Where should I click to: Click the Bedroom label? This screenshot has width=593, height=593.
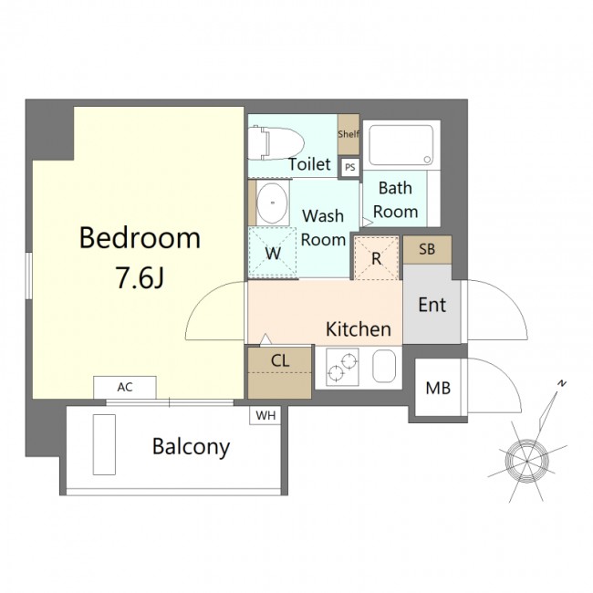[140, 238]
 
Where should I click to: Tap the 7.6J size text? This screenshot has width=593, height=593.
[140, 277]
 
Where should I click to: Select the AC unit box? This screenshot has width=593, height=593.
[125, 387]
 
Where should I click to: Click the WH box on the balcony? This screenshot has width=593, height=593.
[265, 415]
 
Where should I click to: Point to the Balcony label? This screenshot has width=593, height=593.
[191, 447]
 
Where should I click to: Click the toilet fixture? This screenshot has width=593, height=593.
[276, 143]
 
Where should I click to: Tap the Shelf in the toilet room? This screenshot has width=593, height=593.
[349, 134]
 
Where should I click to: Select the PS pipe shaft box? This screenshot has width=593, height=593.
[350, 167]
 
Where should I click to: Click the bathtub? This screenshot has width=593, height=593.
[401, 145]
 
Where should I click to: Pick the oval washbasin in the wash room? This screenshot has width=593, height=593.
[272, 203]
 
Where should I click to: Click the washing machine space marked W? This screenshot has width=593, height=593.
[272, 253]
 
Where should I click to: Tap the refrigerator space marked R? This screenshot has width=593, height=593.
[376, 258]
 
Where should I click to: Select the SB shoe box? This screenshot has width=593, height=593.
[427, 250]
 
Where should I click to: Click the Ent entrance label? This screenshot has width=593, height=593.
[432, 305]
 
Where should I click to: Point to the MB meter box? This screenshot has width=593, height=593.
[438, 388]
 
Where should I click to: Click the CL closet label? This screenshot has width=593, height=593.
[280, 360]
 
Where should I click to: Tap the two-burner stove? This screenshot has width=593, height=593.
[342, 367]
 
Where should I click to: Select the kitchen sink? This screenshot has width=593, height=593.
[384, 366]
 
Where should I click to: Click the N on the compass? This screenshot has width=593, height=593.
[562, 383]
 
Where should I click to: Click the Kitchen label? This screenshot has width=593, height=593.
[359, 329]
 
